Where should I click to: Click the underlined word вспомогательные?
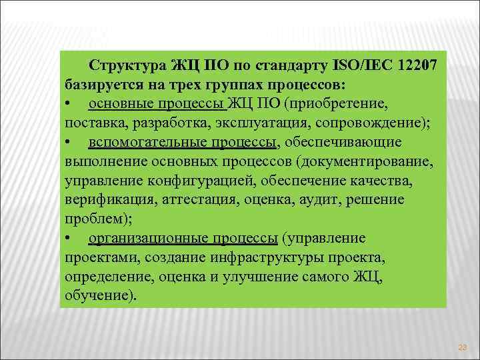click(x=137, y=143)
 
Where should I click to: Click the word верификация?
click(x=102, y=200)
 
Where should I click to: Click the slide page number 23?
click(x=462, y=347)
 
